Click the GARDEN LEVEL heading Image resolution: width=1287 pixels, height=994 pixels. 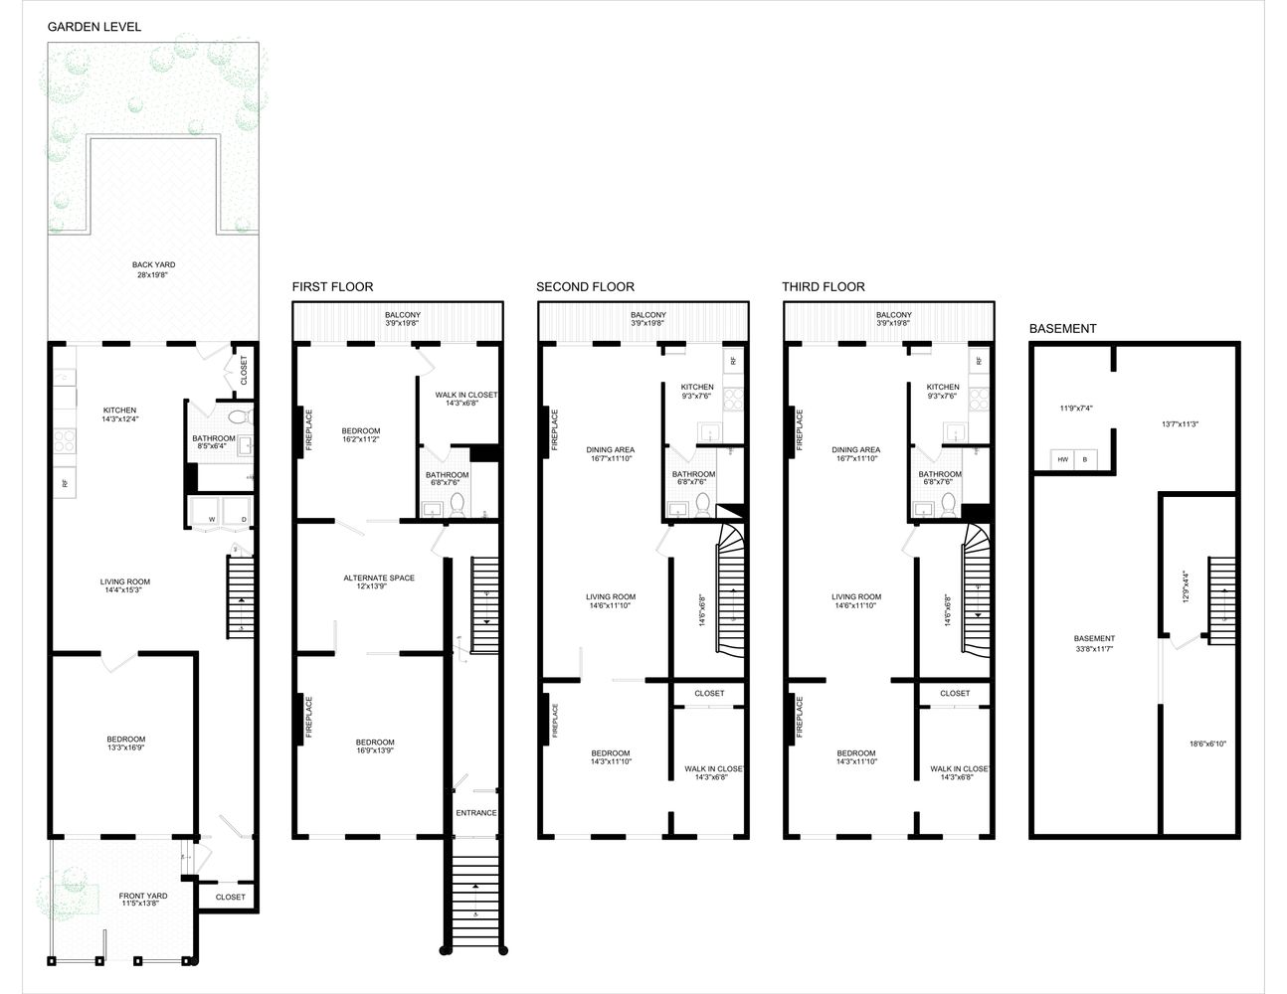coord(94,27)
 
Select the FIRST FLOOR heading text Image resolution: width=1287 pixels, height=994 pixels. coord(332,286)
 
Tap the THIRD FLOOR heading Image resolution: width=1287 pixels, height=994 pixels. coord(823,286)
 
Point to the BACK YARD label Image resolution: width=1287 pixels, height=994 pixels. coord(153,264)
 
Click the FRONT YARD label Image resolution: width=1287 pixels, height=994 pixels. coord(144,896)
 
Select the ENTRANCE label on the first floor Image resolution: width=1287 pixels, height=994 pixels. coord(476,813)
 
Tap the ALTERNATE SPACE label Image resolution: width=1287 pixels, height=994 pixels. coord(379,578)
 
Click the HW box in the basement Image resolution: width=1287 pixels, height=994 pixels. coord(1062,460)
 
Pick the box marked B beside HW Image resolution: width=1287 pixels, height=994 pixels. coord(1084,460)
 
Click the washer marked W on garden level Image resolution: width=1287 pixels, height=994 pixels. coord(211,518)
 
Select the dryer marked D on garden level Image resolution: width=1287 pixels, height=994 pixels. coord(243,518)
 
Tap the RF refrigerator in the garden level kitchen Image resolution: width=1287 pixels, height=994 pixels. coord(65,483)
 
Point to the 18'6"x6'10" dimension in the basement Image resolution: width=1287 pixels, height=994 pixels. coord(1207,744)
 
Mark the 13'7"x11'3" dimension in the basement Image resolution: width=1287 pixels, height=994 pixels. coord(1180,424)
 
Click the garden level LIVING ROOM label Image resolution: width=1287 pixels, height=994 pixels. coord(124,582)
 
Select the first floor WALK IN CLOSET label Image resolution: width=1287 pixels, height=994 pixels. coord(465,395)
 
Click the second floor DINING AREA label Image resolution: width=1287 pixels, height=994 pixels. coord(610,449)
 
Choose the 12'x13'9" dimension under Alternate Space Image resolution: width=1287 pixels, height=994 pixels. coord(379,587)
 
